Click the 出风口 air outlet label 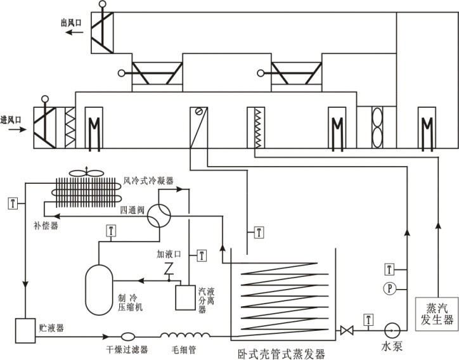[72, 23]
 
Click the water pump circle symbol [391, 330]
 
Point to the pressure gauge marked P [390, 288]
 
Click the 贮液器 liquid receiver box [26, 329]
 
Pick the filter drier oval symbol [126, 336]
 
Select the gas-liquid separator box [186, 297]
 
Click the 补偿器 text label [46, 225]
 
